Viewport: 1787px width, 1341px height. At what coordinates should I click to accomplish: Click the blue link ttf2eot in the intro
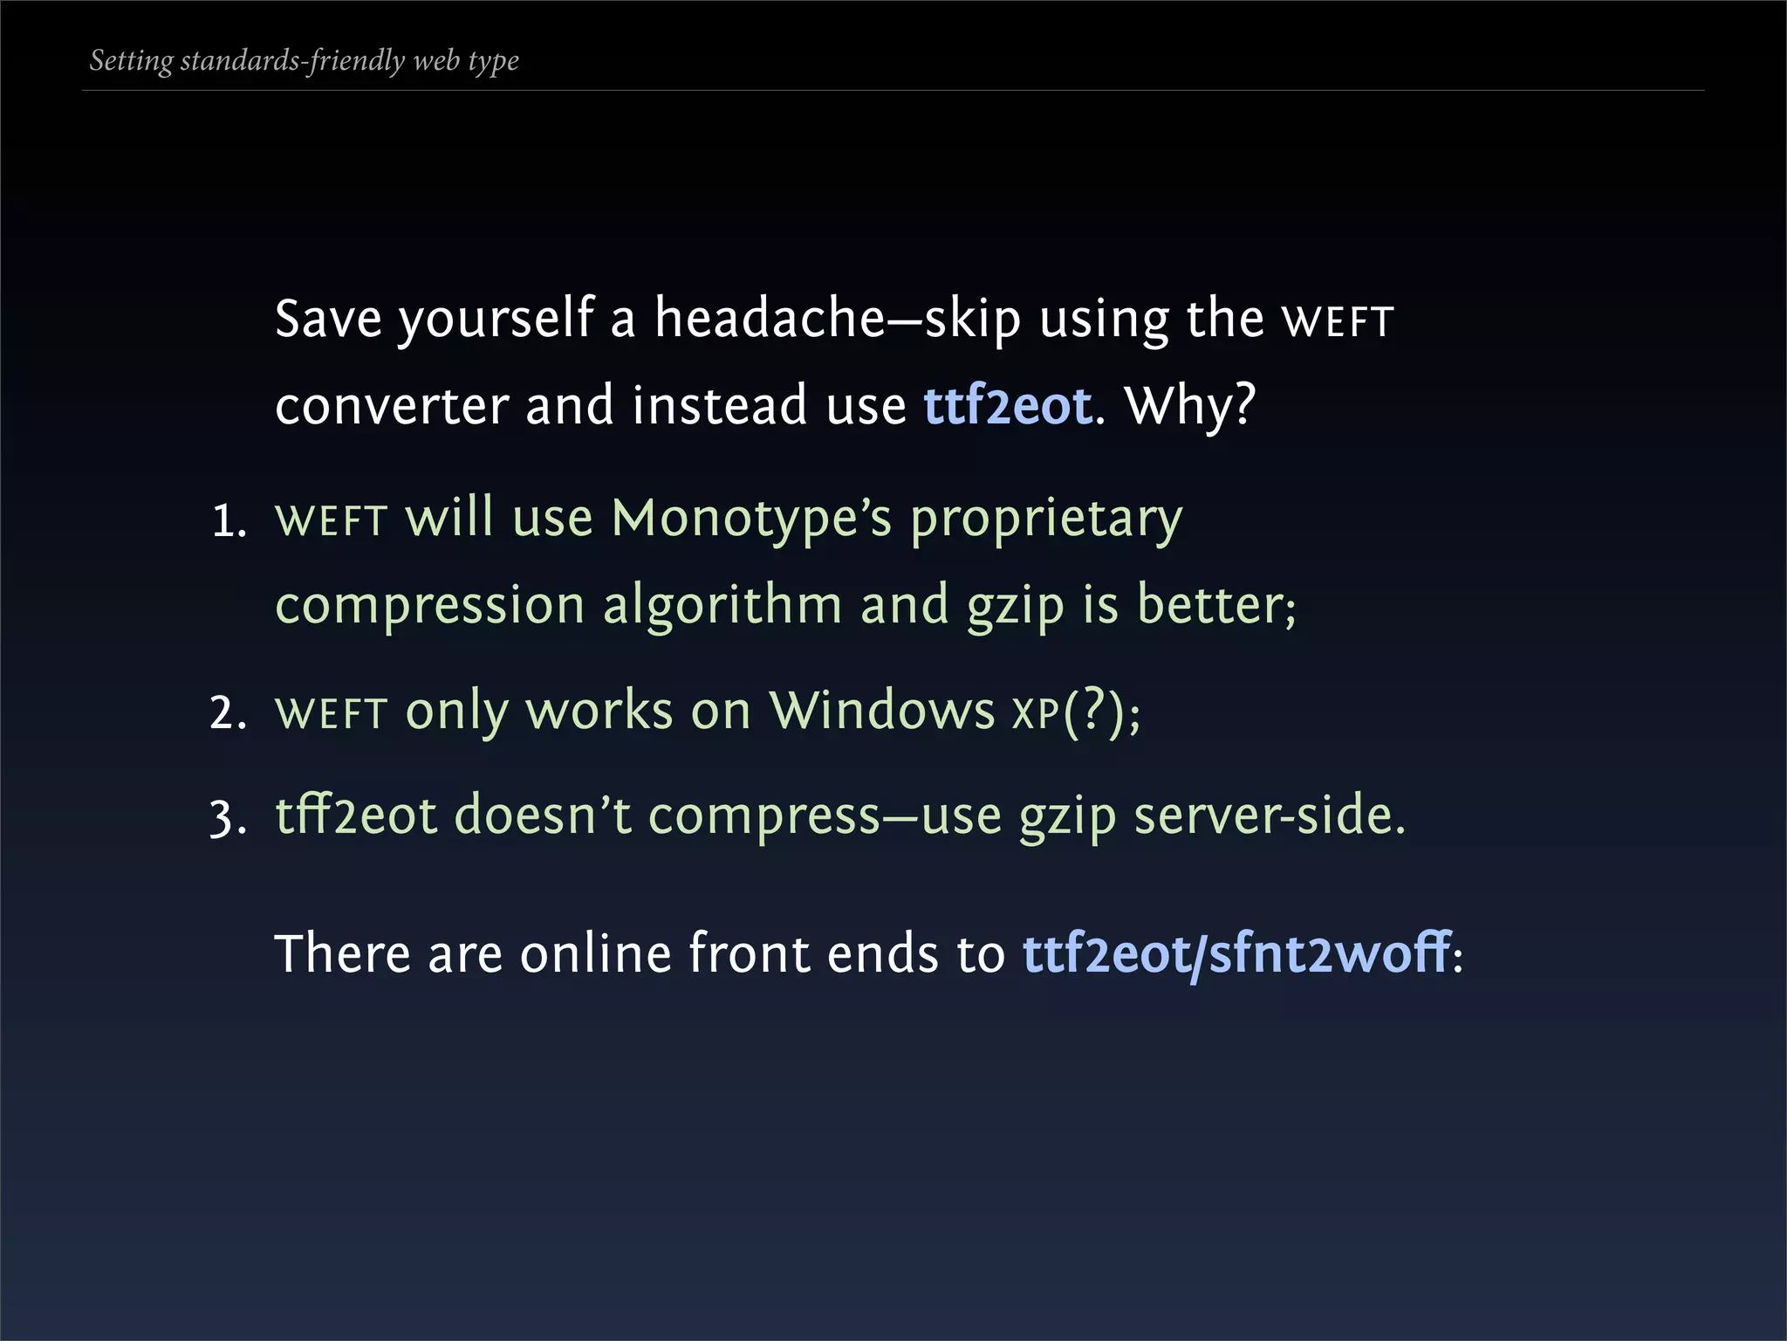click(x=1007, y=407)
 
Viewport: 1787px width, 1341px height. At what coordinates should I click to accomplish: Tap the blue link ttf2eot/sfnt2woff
click(x=1236, y=954)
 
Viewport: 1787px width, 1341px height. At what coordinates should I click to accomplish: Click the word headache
click(x=770, y=318)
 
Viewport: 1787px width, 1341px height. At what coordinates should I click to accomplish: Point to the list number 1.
click(x=228, y=522)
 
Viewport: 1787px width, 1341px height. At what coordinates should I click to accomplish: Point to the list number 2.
click(x=228, y=713)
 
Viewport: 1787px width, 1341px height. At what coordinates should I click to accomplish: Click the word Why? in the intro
click(x=1190, y=407)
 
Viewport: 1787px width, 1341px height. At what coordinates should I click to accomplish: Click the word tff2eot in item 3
click(x=356, y=816)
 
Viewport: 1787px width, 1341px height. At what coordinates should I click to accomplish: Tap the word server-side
click(x=1269, y=816)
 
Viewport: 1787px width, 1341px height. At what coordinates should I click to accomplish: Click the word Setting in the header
click(x=131, y=61)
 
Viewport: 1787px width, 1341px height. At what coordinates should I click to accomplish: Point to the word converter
click(x=392, y=407)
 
